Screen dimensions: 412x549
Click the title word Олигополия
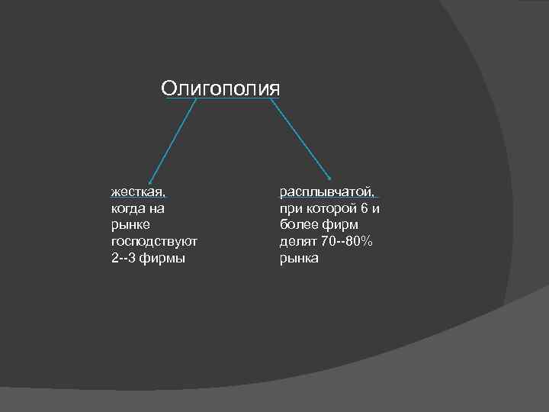pyautogui.click(x=220, y=88)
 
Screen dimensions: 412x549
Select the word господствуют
pyautogui.click(x=154, y=241)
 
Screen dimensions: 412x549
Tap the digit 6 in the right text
pyautogui.click(x=363, y=208)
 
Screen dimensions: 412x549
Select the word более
pyautogui.click(x=297, y=224)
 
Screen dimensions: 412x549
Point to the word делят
pyautogui.click(x=296, y=241)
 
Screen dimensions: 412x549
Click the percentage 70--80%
pyautogui.click(x=348, y=241)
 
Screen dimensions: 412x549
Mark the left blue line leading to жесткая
pyautogui.click(x=173, y=140)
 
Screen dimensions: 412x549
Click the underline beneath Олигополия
pyautogui.click(x=221, y=98)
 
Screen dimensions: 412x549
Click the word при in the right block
pyautogui.click(x=290, y=208)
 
